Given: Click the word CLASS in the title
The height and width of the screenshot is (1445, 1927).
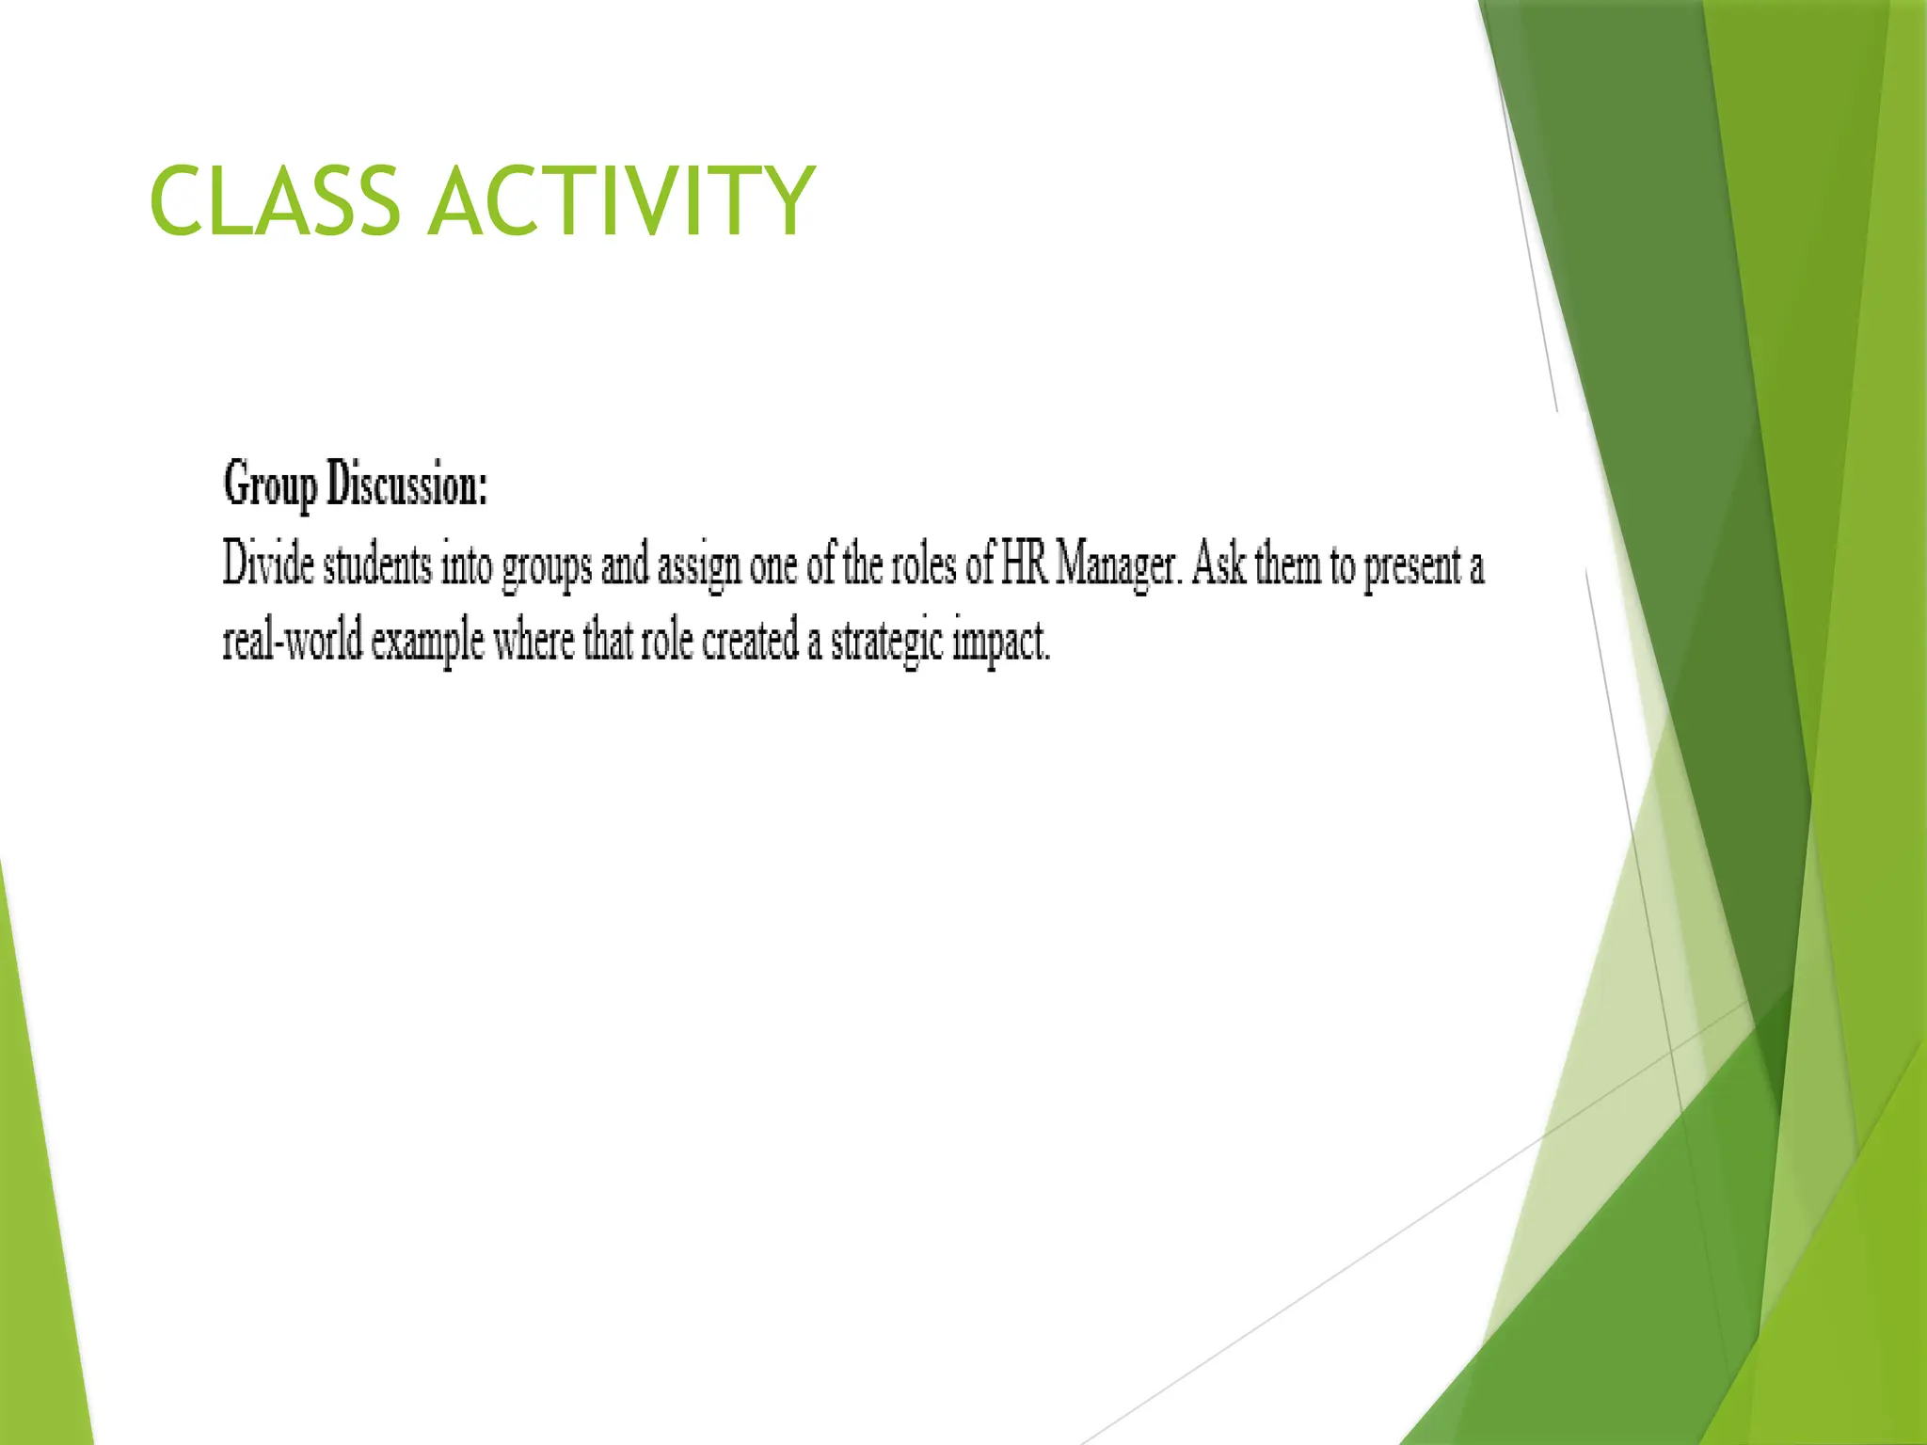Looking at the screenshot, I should (274, 200).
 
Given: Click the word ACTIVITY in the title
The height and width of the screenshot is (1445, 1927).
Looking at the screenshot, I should (621, 200).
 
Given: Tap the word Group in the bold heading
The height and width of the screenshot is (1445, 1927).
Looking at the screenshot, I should (270, 485).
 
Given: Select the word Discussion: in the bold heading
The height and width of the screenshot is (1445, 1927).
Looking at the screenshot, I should (406, 485).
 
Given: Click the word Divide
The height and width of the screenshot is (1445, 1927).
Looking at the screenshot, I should (268, 564).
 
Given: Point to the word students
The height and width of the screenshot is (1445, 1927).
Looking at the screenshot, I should (377, 564).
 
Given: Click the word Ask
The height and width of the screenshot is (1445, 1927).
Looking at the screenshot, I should (1218, 564).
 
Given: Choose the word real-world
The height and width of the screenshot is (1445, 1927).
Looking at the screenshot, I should (293, 642).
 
